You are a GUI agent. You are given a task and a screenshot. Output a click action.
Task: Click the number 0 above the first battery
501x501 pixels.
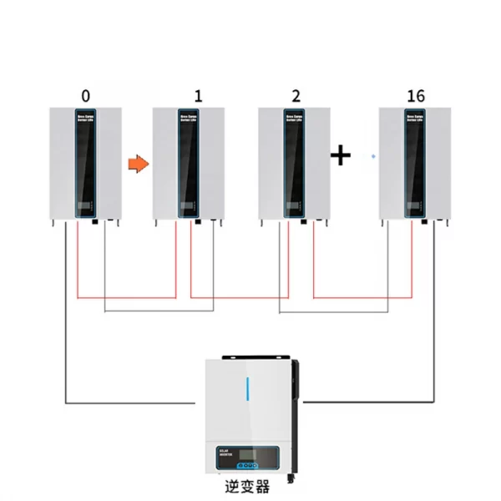click(84, 95)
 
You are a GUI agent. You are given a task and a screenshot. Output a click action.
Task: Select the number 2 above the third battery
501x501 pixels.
click(296, 95)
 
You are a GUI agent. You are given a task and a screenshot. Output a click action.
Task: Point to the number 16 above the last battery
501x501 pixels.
click(416, 95)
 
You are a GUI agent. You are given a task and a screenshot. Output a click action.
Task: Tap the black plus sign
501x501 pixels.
click(341, 155)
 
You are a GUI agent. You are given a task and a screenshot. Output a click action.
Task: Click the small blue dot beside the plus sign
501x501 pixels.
click(372, 156)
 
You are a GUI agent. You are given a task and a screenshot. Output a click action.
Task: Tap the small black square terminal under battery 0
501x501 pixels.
click(95, 222)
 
